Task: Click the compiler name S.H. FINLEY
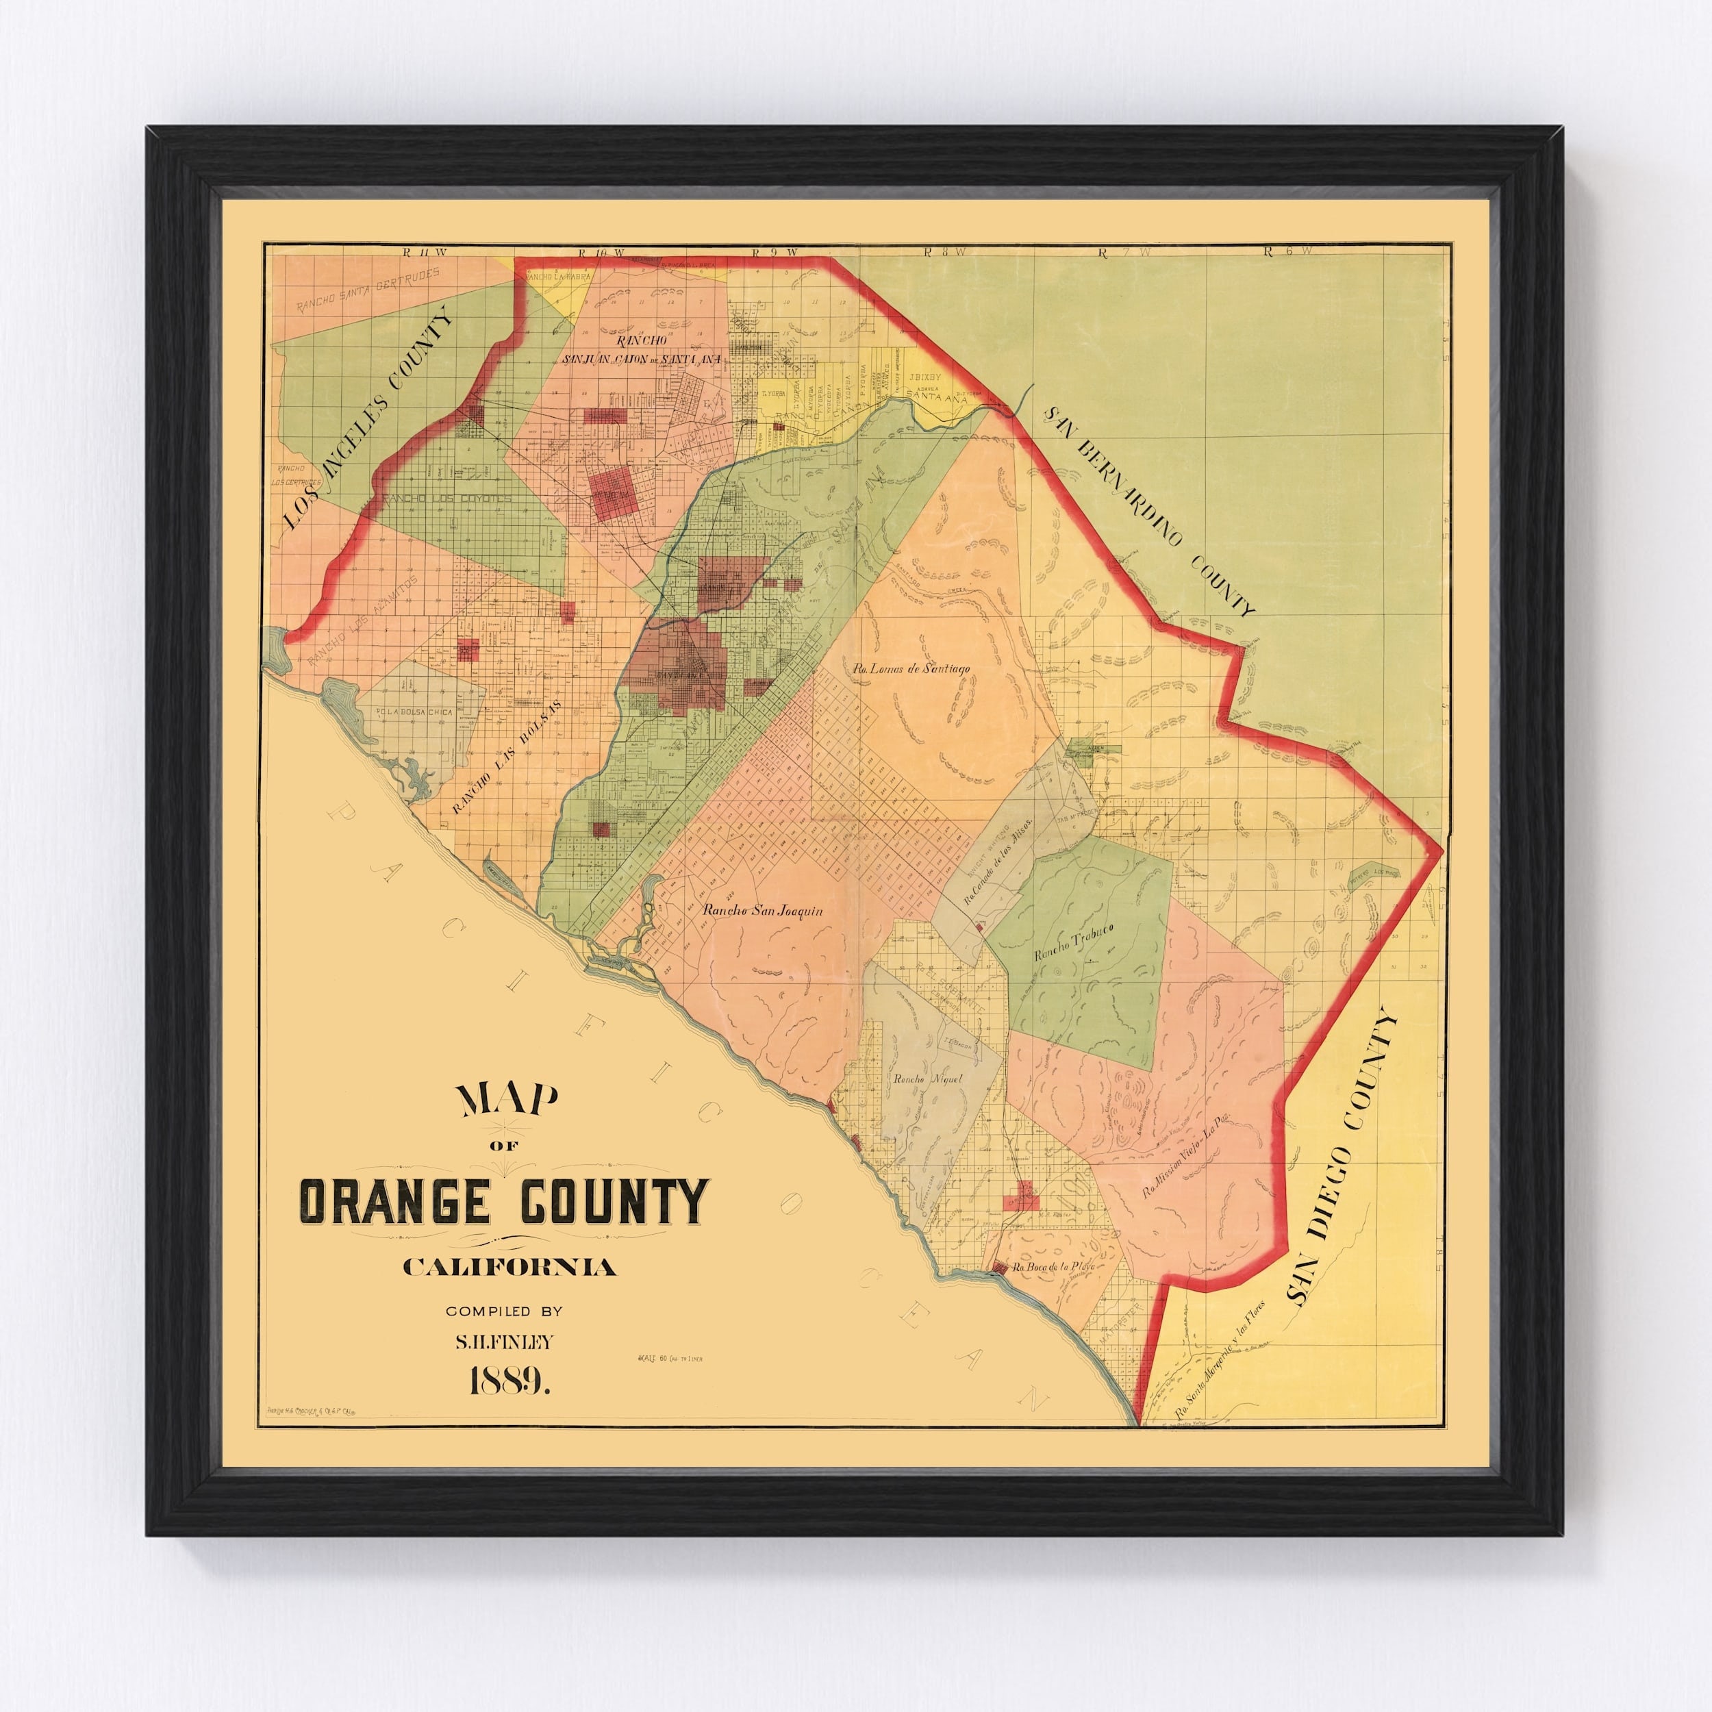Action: [x=503, y=1342]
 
